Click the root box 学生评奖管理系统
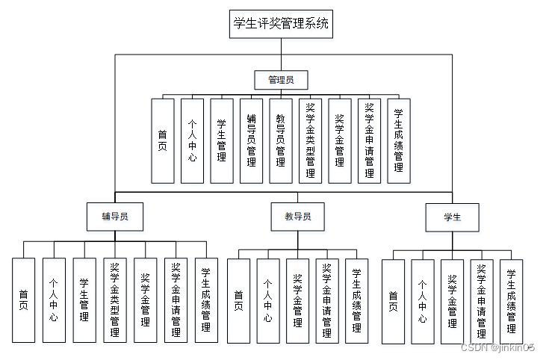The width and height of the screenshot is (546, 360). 280,24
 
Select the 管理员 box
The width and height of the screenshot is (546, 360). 281,79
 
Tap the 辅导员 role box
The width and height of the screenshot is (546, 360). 114,217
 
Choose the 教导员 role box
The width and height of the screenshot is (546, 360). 297,217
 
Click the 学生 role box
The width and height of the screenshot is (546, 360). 453,217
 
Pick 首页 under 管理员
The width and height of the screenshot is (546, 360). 163,140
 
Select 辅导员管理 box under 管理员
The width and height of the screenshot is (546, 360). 251,140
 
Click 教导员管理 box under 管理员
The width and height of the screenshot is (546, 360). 281,140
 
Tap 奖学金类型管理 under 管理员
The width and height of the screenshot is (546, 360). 310,140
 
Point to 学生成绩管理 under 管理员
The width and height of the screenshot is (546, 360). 399,140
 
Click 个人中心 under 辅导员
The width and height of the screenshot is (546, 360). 54,300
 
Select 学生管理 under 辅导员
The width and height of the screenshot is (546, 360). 84,300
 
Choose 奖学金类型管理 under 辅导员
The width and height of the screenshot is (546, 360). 114,300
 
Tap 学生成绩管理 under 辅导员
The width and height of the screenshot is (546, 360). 206,300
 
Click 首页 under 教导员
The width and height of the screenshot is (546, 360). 238,301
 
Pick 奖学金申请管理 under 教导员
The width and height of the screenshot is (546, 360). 327,301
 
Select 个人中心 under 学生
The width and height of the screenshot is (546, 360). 423,301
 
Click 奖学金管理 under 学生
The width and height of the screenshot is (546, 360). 452,301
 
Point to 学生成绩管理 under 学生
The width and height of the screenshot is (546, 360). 511,301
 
